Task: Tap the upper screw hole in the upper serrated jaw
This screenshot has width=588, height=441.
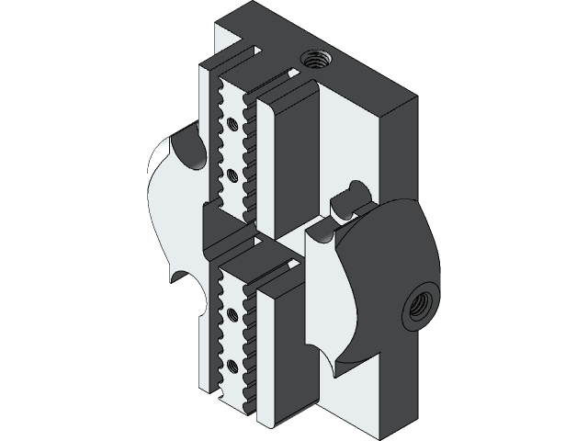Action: click(233, 121)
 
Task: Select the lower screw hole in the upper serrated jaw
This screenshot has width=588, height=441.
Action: click(233, 172)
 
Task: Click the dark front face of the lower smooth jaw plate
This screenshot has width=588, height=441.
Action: click(296, 349)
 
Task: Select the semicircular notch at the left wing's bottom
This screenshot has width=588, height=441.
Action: click(188, 294)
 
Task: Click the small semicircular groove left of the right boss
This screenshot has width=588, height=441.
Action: click(321, 234)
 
